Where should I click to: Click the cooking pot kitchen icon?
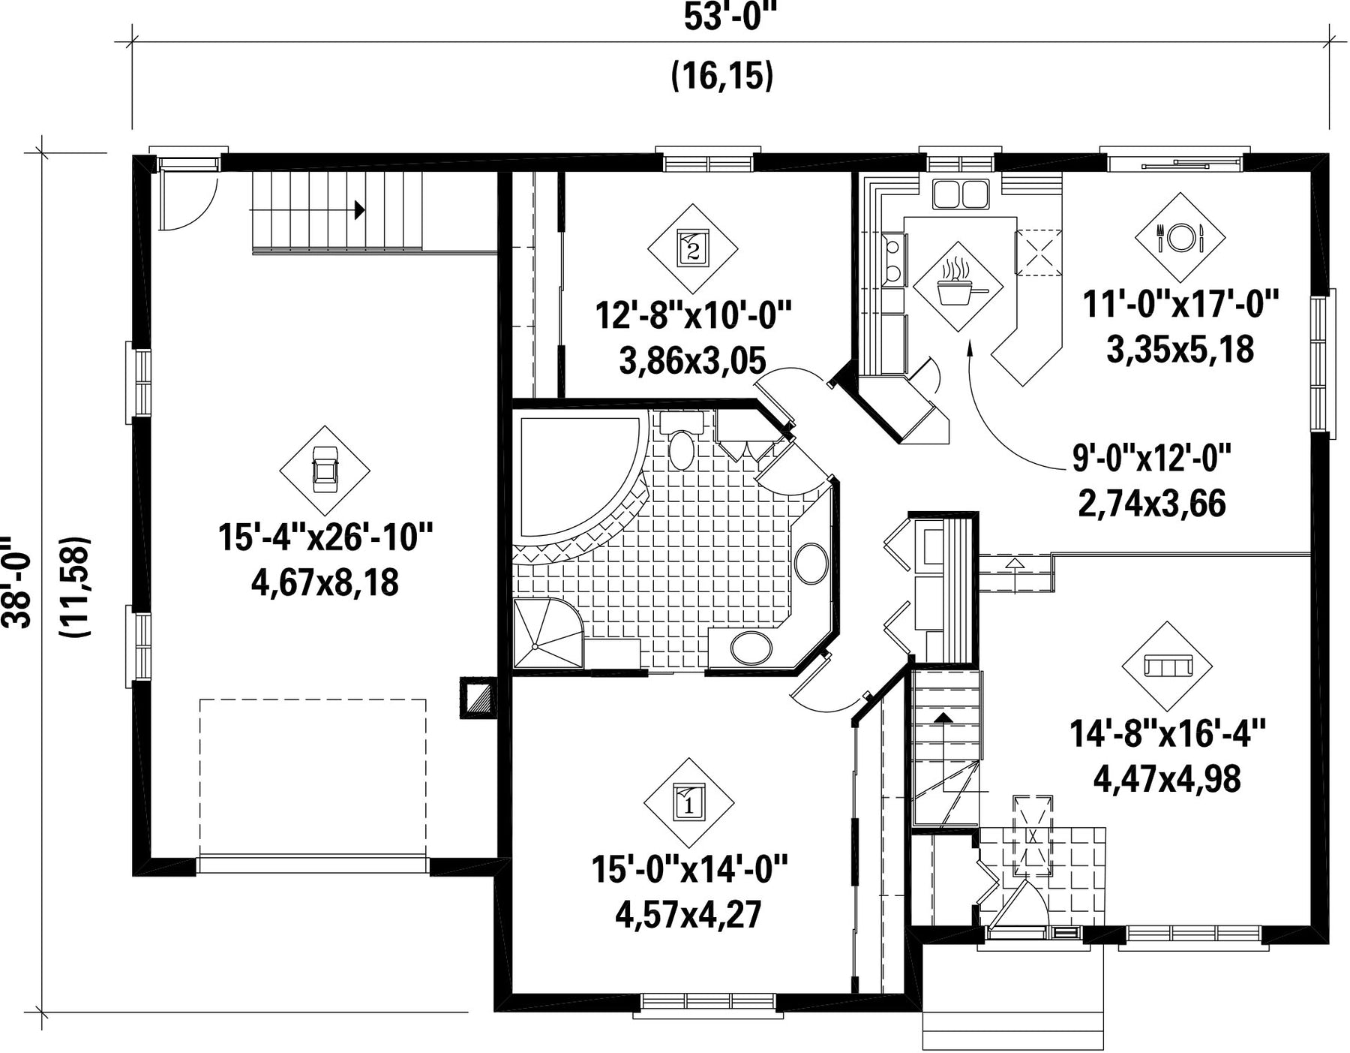[x=958, y=287]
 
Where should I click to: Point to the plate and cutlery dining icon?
[x=1180, y=238]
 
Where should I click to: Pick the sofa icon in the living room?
[x=1167, y=666]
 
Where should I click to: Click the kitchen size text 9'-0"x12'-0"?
[x=1153, y=459]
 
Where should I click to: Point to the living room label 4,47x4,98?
[x=1167, y=779]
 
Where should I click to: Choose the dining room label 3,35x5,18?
[x=1180, y=350]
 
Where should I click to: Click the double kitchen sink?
[x=960, y=194]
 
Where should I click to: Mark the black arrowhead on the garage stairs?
[x=360, y=210]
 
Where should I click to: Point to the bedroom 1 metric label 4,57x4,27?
[x=688, y=915]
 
